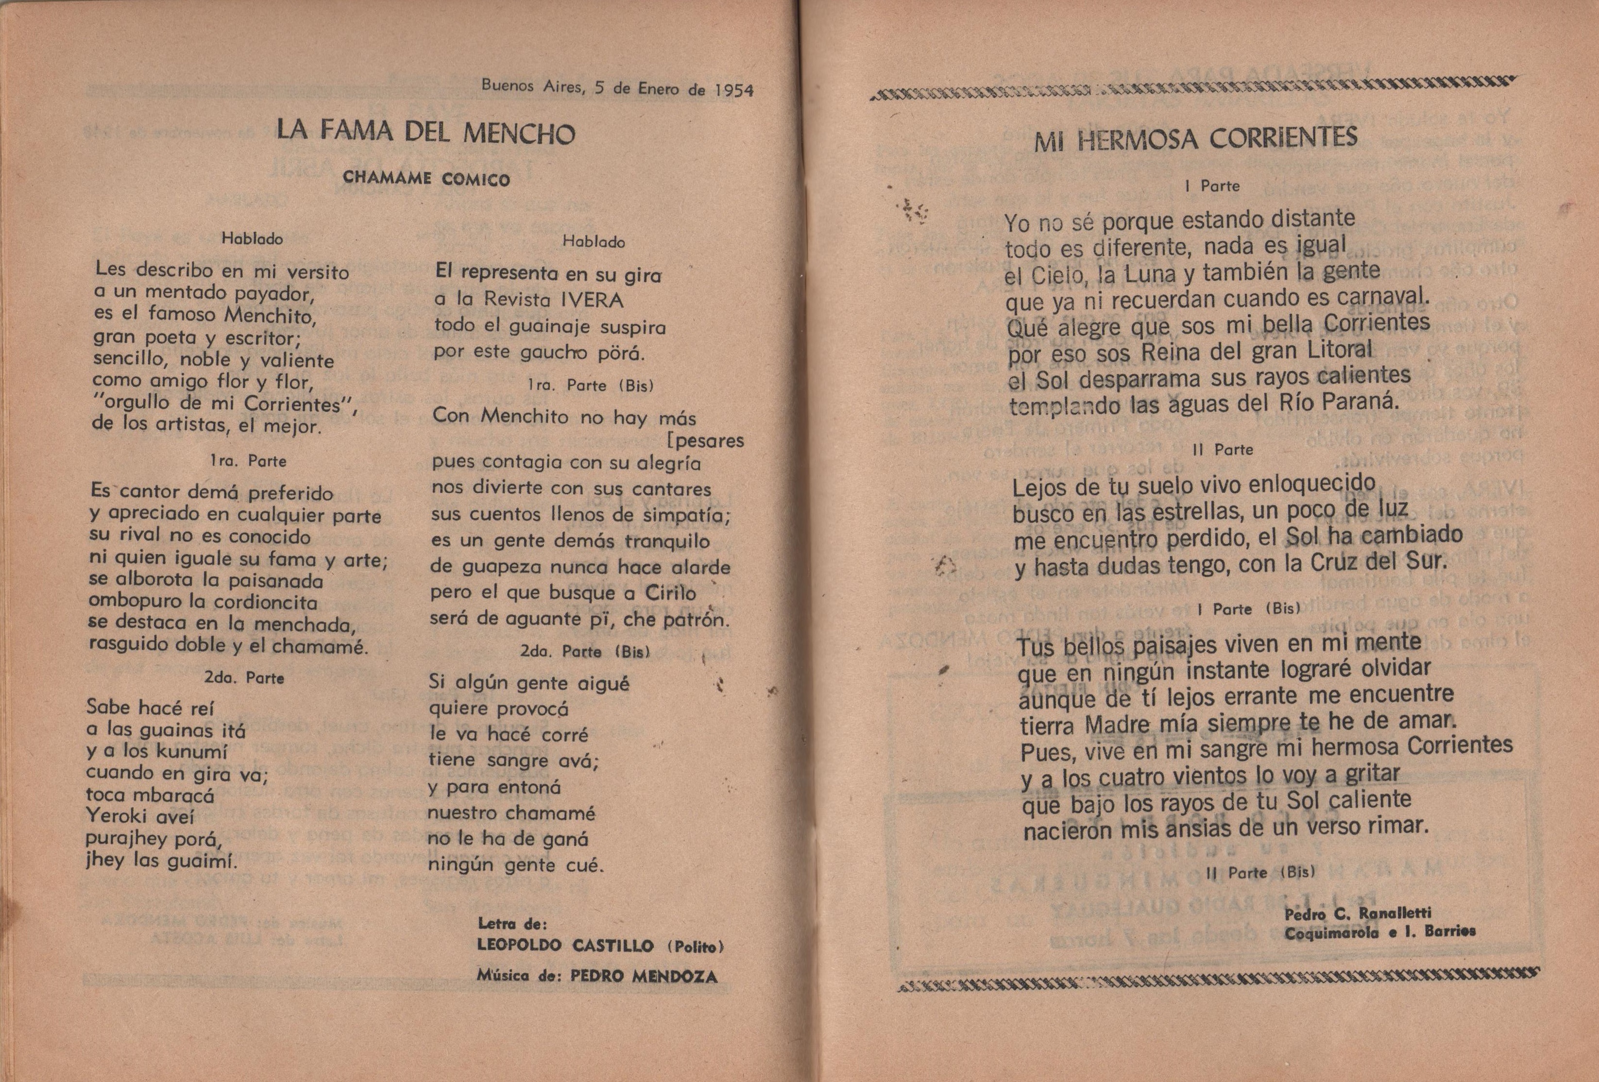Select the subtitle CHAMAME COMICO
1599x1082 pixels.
(x=426, y=179)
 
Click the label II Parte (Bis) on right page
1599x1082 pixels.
(x=1260, y=872)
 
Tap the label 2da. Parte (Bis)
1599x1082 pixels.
(x=585, y=651)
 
